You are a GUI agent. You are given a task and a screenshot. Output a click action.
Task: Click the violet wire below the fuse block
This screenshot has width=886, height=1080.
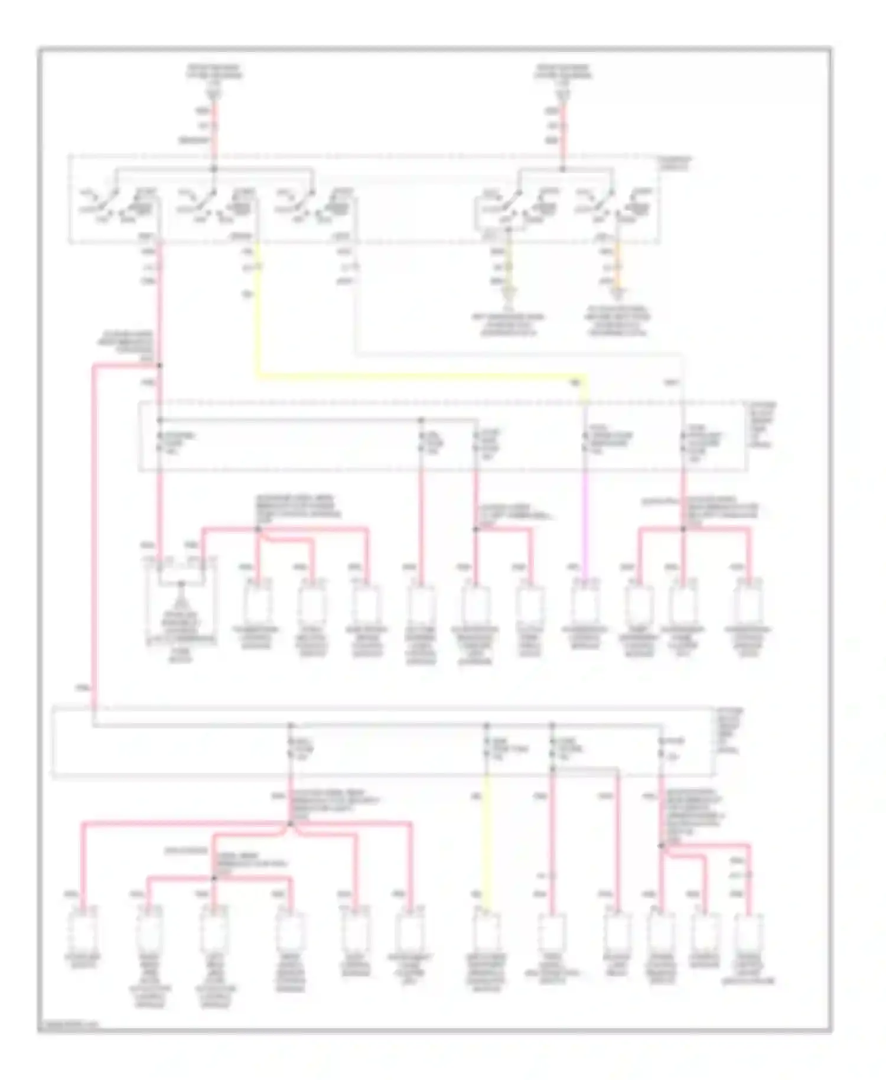585,520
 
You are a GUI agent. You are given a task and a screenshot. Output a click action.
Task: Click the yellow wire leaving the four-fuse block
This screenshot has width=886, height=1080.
487,839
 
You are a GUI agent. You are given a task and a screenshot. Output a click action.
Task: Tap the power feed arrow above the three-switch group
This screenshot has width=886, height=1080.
214,94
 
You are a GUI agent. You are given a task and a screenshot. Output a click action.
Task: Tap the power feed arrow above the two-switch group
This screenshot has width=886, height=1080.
563,94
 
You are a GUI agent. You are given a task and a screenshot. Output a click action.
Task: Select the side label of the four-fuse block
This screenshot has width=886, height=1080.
730,730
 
